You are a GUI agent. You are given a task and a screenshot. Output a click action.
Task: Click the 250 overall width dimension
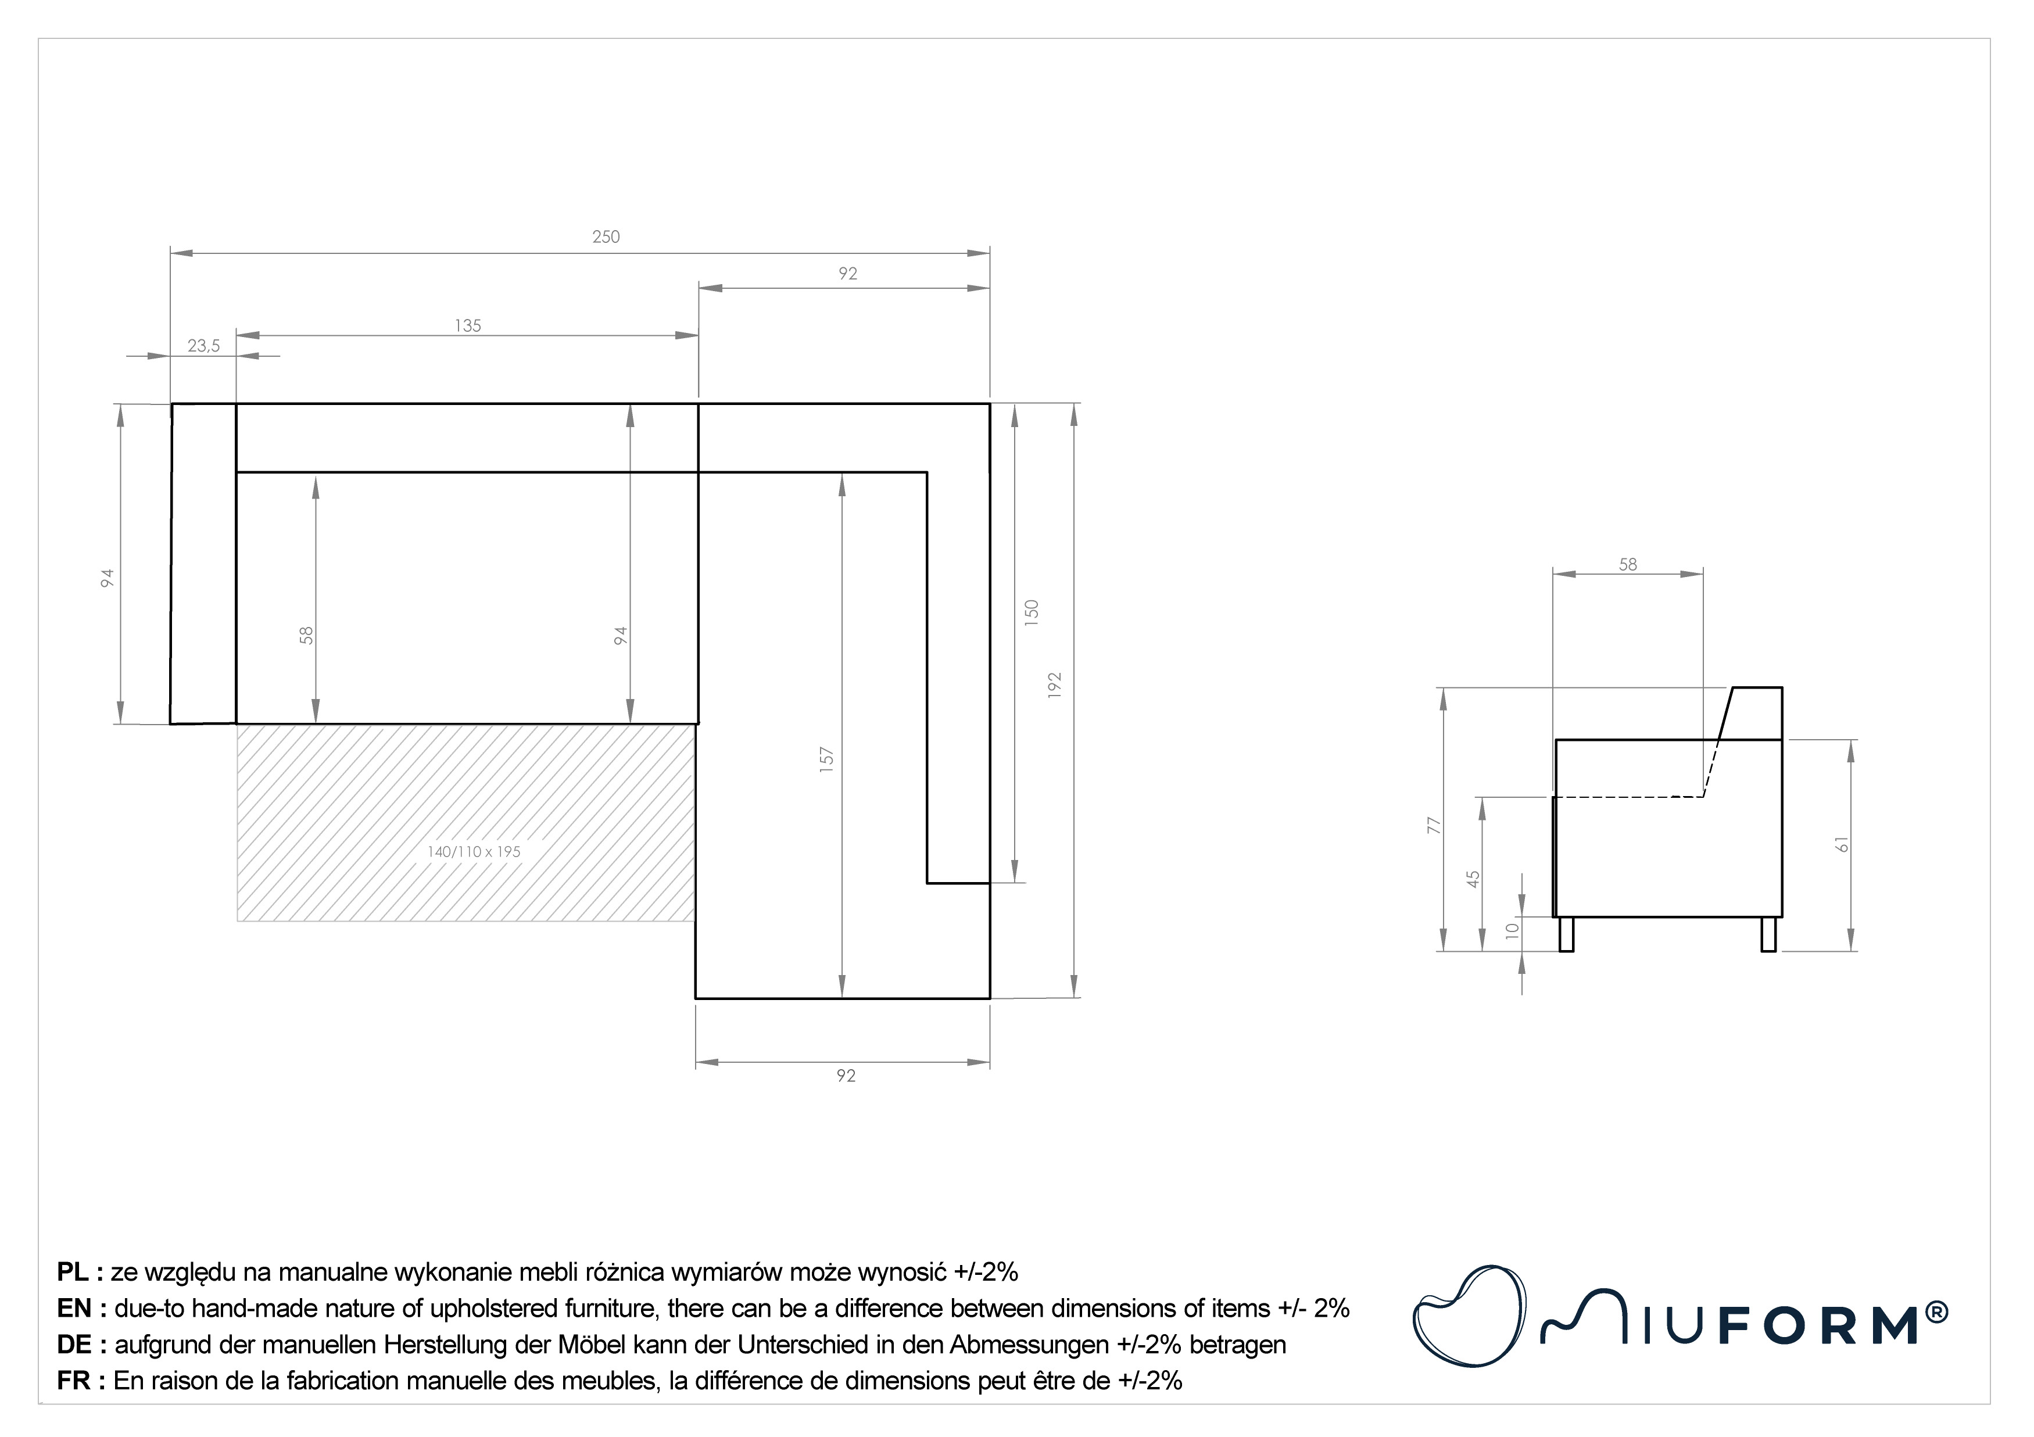click(x=606, y=236)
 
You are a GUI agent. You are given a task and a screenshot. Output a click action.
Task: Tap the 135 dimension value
click(x=468, y=326)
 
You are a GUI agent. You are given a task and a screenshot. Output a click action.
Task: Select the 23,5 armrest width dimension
click(x=204, y=346)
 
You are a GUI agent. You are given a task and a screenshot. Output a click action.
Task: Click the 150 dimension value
click(x=1031, y=613)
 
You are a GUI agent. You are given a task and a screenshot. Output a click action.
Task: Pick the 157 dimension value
click(x=826, y=760)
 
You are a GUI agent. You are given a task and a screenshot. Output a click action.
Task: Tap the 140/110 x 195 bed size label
click(x=474, y=851)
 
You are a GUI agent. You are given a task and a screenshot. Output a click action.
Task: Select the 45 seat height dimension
click(x=1473, y=879)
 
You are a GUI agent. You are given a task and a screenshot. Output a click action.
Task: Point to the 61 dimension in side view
click(x=1843, y=844)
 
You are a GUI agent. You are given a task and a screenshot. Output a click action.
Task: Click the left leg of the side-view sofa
click(x=1566, y=935)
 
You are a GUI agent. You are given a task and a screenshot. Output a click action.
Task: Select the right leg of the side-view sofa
click(x=1769, y=935)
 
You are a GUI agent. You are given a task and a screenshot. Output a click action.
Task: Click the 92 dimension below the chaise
click(x=846, y=1076)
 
